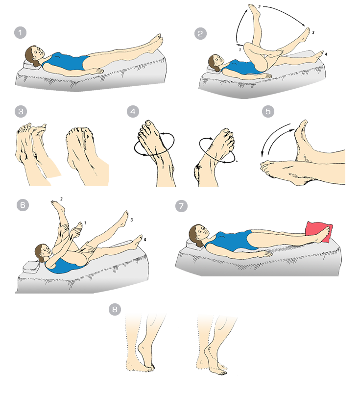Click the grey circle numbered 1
click(21, 32)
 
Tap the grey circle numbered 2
click(200, 33)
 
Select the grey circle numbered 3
click(21, 112)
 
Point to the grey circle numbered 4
click(133, 111)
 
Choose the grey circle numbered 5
click(268, 111)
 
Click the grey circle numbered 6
click(23, 205)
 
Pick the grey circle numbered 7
click(181, 206)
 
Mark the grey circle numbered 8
click(115, 309)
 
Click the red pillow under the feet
click(319, 232)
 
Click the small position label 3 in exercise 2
click(313, 32)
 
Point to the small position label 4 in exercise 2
click(326, 54)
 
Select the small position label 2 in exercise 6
click(61, 199)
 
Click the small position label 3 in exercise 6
click(131, 220)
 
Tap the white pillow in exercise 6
click(31, 267)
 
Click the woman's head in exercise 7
click(198, 234)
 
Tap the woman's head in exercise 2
click(216, 63)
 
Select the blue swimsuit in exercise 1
click(66, 62)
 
